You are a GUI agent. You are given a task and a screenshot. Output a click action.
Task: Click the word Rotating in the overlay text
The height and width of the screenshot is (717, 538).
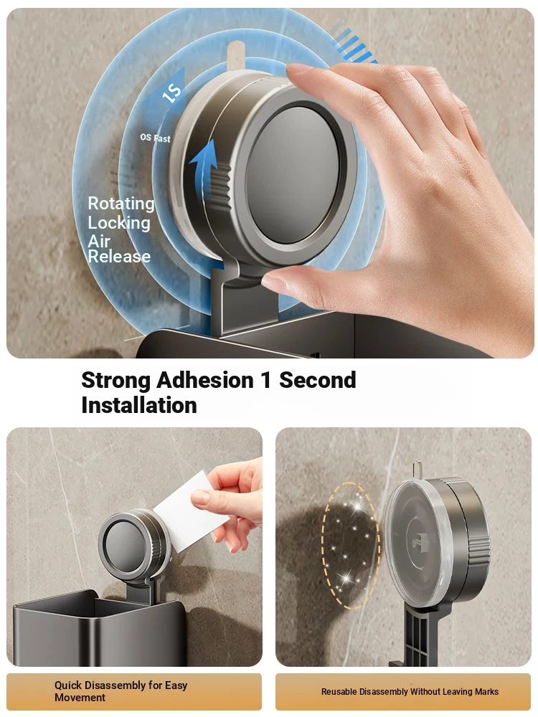coord(121,204)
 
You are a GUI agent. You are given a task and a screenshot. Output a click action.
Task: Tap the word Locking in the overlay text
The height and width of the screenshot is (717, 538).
coord(119,223)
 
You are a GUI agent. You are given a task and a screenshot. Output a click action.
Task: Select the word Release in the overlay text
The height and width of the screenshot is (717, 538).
coord(119,257)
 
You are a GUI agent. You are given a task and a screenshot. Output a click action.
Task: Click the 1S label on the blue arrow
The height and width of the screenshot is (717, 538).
coord(172,92)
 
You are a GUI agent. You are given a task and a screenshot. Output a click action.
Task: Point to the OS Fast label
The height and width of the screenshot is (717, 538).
coord(155,138)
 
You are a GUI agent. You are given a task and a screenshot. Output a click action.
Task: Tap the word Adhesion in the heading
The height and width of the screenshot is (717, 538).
coord(205,380)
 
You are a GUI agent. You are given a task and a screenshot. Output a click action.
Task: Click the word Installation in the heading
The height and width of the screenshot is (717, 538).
coord(139,405)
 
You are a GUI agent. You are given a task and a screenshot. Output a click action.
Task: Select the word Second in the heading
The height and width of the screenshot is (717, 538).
coord(318,380)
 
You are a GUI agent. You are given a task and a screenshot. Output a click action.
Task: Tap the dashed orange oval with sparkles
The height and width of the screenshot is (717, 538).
coord(350,546)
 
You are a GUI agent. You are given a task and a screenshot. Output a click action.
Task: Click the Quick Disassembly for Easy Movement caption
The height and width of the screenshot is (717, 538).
coord(121,691)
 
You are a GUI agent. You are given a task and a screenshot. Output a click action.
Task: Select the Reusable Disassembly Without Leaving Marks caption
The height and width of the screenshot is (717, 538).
coord(410,691)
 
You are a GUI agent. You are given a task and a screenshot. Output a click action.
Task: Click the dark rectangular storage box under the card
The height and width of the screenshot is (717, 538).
coord(99,629)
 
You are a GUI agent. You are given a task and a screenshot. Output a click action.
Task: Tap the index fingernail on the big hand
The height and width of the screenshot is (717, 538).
coord(299,68)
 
